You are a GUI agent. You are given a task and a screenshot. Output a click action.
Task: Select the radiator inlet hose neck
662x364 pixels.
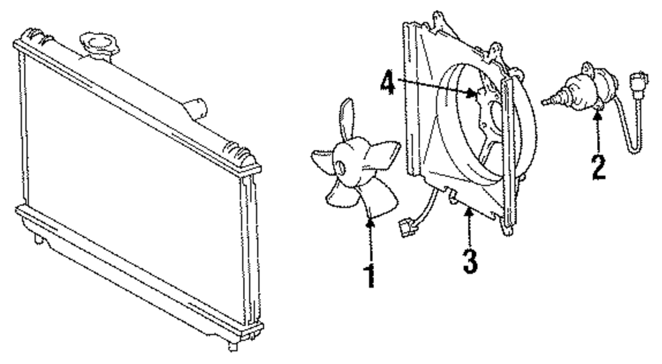(194, 106)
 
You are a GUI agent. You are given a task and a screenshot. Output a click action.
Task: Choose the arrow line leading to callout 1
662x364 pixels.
(371, 242)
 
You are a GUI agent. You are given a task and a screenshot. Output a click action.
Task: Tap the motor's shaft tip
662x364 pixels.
(544, 101)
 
